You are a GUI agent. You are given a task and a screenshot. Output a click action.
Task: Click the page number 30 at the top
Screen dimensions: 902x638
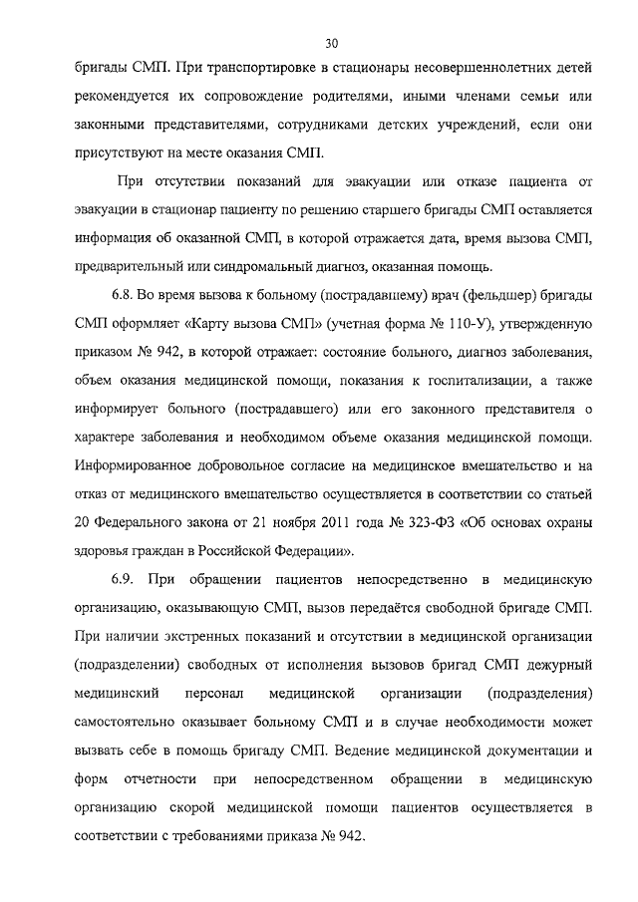tap(332, 42)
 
